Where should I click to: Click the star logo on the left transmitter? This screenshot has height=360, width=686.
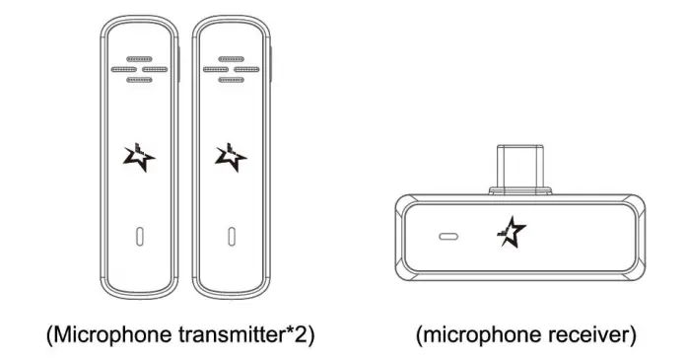[140, 157]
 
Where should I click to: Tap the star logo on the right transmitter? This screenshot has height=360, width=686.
[230, 157]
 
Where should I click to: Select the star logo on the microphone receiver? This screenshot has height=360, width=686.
[512, 231]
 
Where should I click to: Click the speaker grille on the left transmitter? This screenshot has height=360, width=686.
[140, 69]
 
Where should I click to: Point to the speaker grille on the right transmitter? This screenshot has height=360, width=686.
[230, 69]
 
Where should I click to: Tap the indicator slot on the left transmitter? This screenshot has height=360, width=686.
[140, 237]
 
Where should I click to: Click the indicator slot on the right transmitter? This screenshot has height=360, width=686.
[231, 237]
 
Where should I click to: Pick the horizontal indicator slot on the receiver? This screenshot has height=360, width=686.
[448, 238]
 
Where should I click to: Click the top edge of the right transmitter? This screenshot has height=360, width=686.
[231, 22]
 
